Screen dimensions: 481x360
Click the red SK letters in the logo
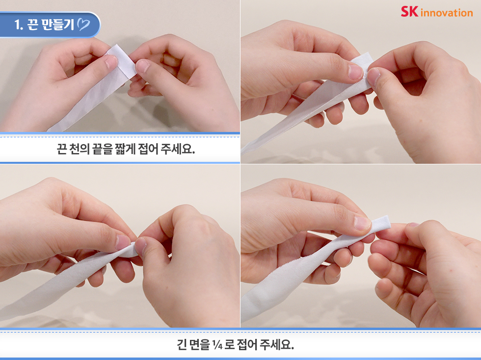tap(409, 11)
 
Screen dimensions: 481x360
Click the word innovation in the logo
tap(447, 13)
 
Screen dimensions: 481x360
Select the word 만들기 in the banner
tap(58, 24)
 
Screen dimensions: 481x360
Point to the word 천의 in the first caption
tap(79, 149)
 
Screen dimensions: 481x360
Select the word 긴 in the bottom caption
tap(182, 345)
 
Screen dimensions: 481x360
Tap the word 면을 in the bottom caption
tap(199, 345)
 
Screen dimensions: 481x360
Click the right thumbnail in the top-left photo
tap(142, 66)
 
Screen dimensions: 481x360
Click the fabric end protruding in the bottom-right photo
tap(382, 223)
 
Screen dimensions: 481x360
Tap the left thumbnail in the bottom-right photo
tap(362, 223)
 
